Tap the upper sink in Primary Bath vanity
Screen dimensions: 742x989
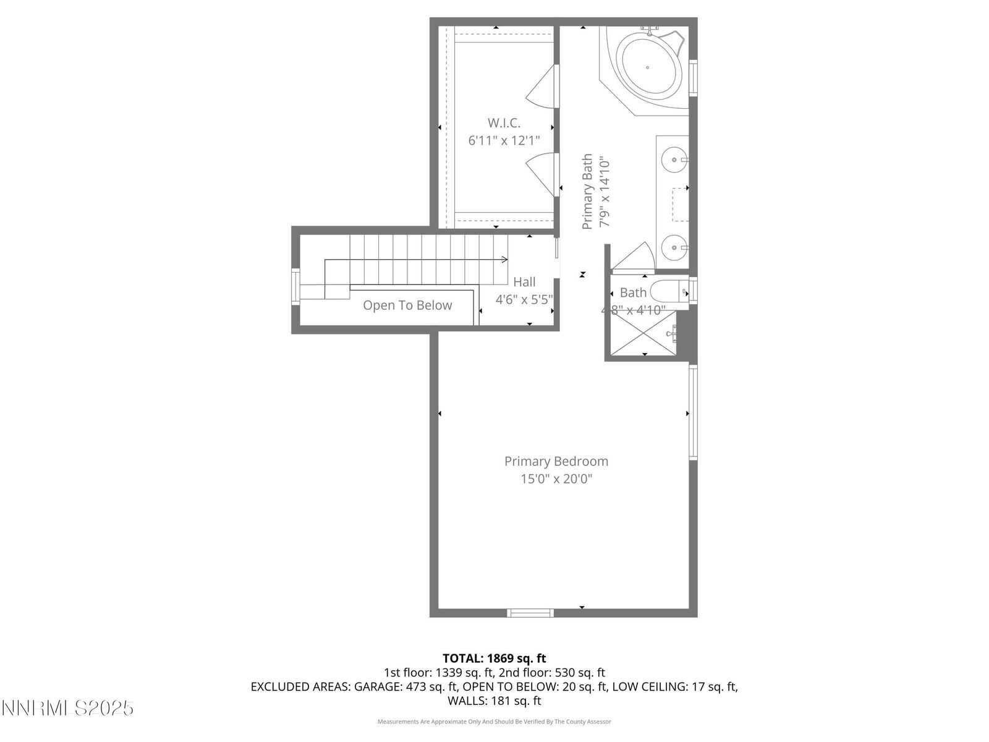point(673,160)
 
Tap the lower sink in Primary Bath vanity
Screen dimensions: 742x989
point(673,249)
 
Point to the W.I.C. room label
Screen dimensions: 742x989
point(504,122)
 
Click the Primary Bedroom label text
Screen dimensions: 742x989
point(556,461)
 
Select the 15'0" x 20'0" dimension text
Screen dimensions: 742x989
point(556,479)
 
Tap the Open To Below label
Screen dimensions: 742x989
point(407,305)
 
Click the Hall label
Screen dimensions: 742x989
point(524,282)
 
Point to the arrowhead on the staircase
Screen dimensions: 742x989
point(505,259)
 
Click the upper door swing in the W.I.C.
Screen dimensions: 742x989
point(541,87)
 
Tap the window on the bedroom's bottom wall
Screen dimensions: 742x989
point(530,613)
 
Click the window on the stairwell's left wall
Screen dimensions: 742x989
point(296,286)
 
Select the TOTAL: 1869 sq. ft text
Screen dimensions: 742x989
point(494,659)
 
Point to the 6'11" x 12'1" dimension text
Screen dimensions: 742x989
point(504,141)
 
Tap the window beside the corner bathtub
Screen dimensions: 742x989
point(693,78)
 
